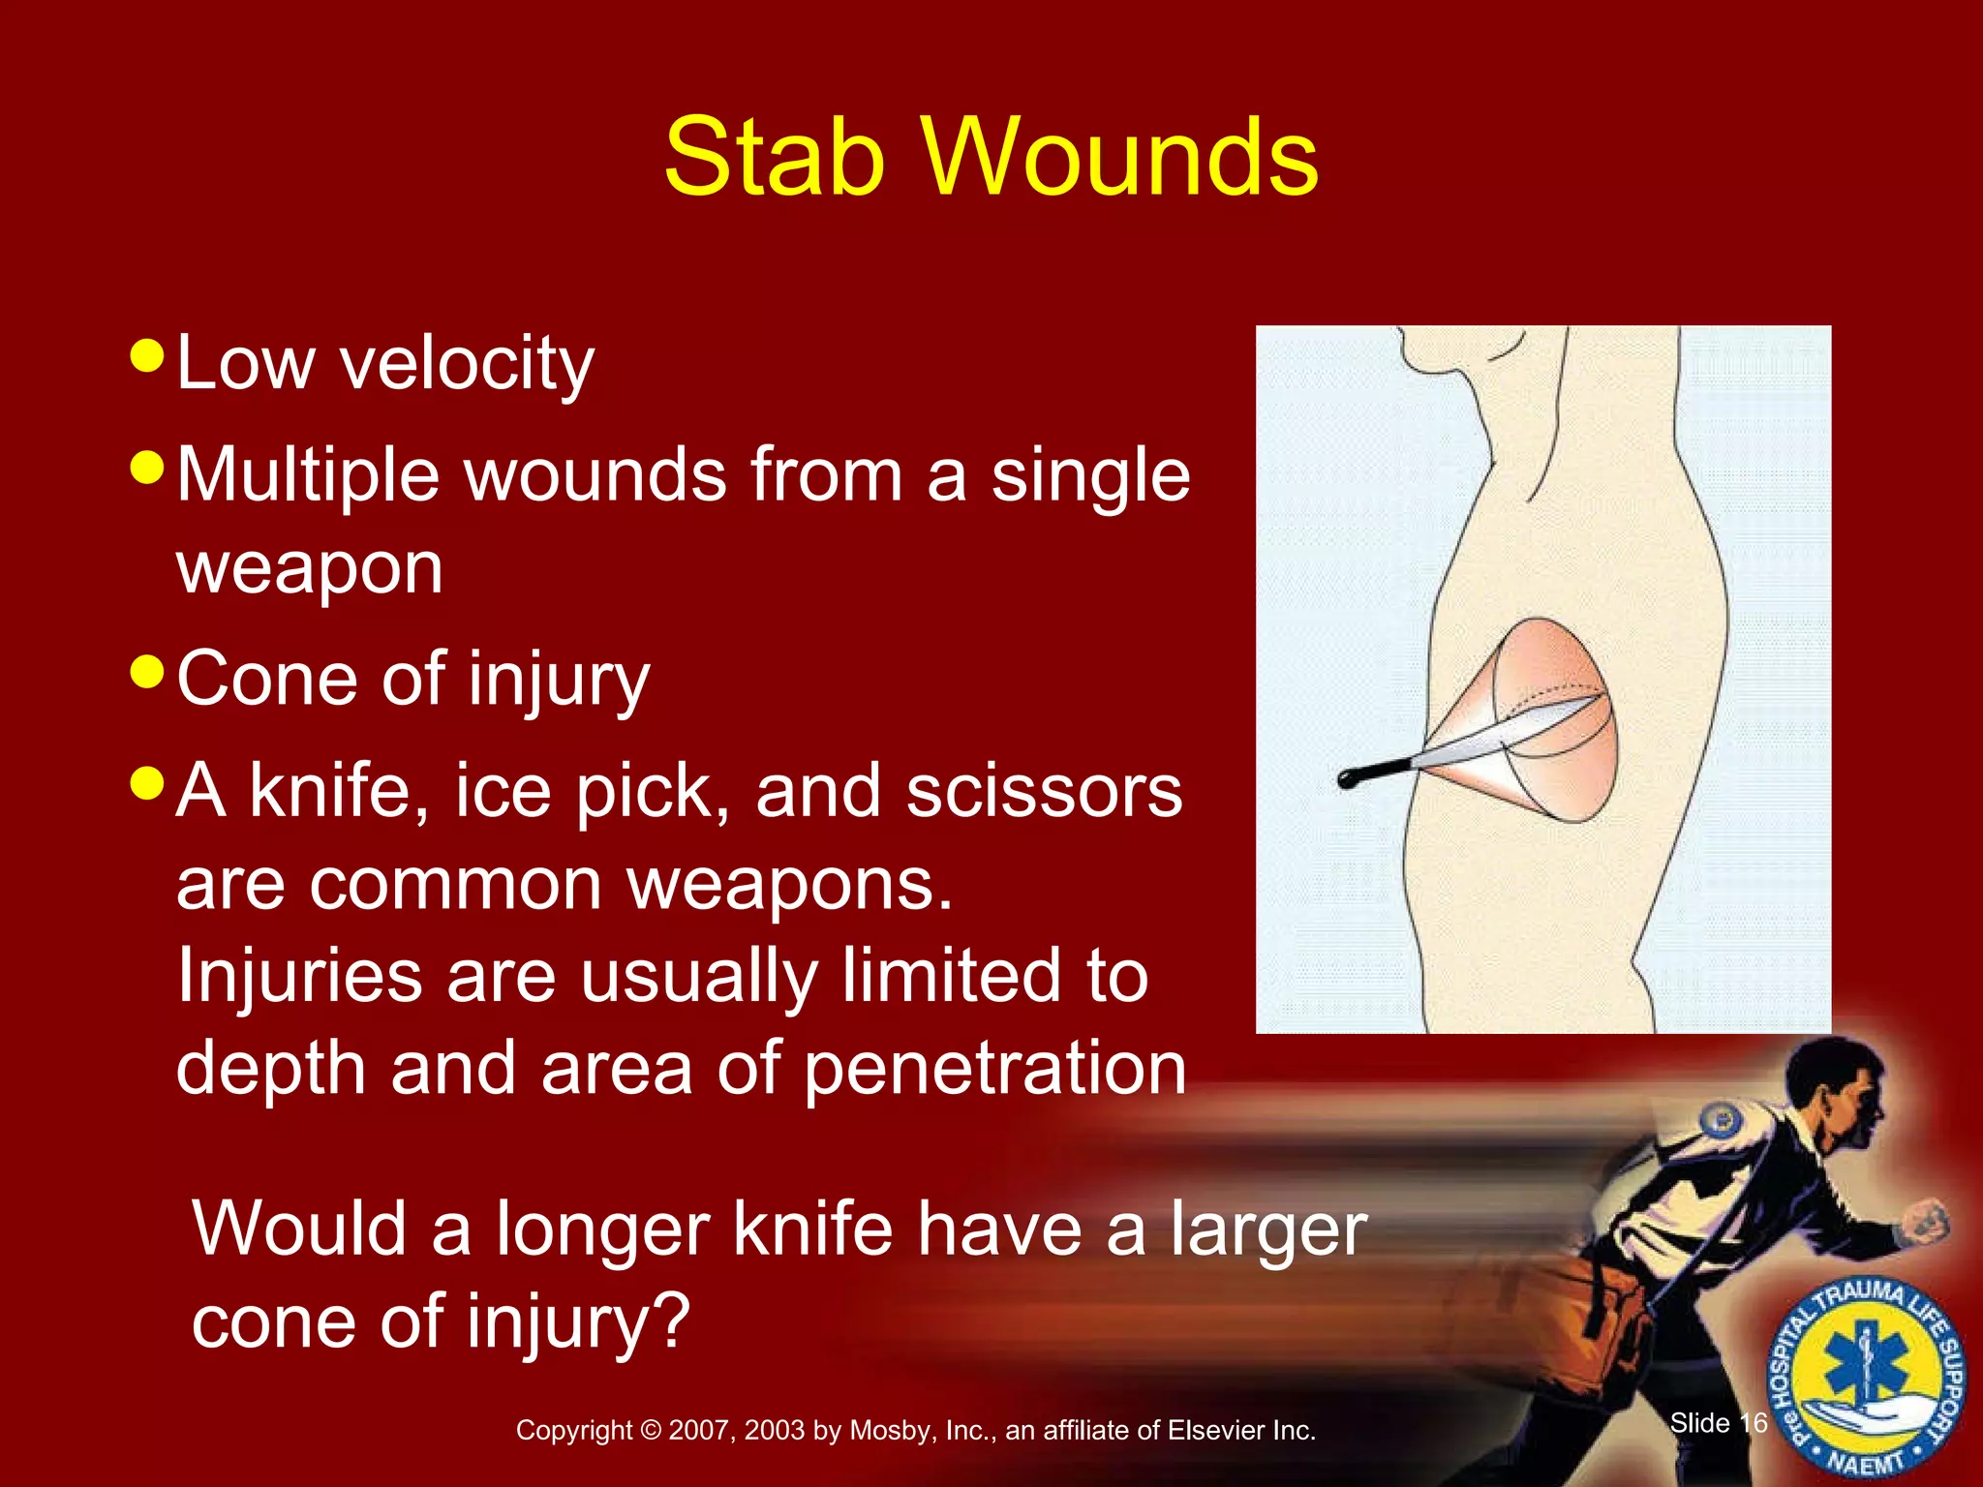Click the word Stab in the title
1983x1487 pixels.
(x=775, y=157)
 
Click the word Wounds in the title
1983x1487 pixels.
(x=1121, y=157)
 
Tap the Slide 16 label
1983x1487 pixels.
(x=1719, y=1423)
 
